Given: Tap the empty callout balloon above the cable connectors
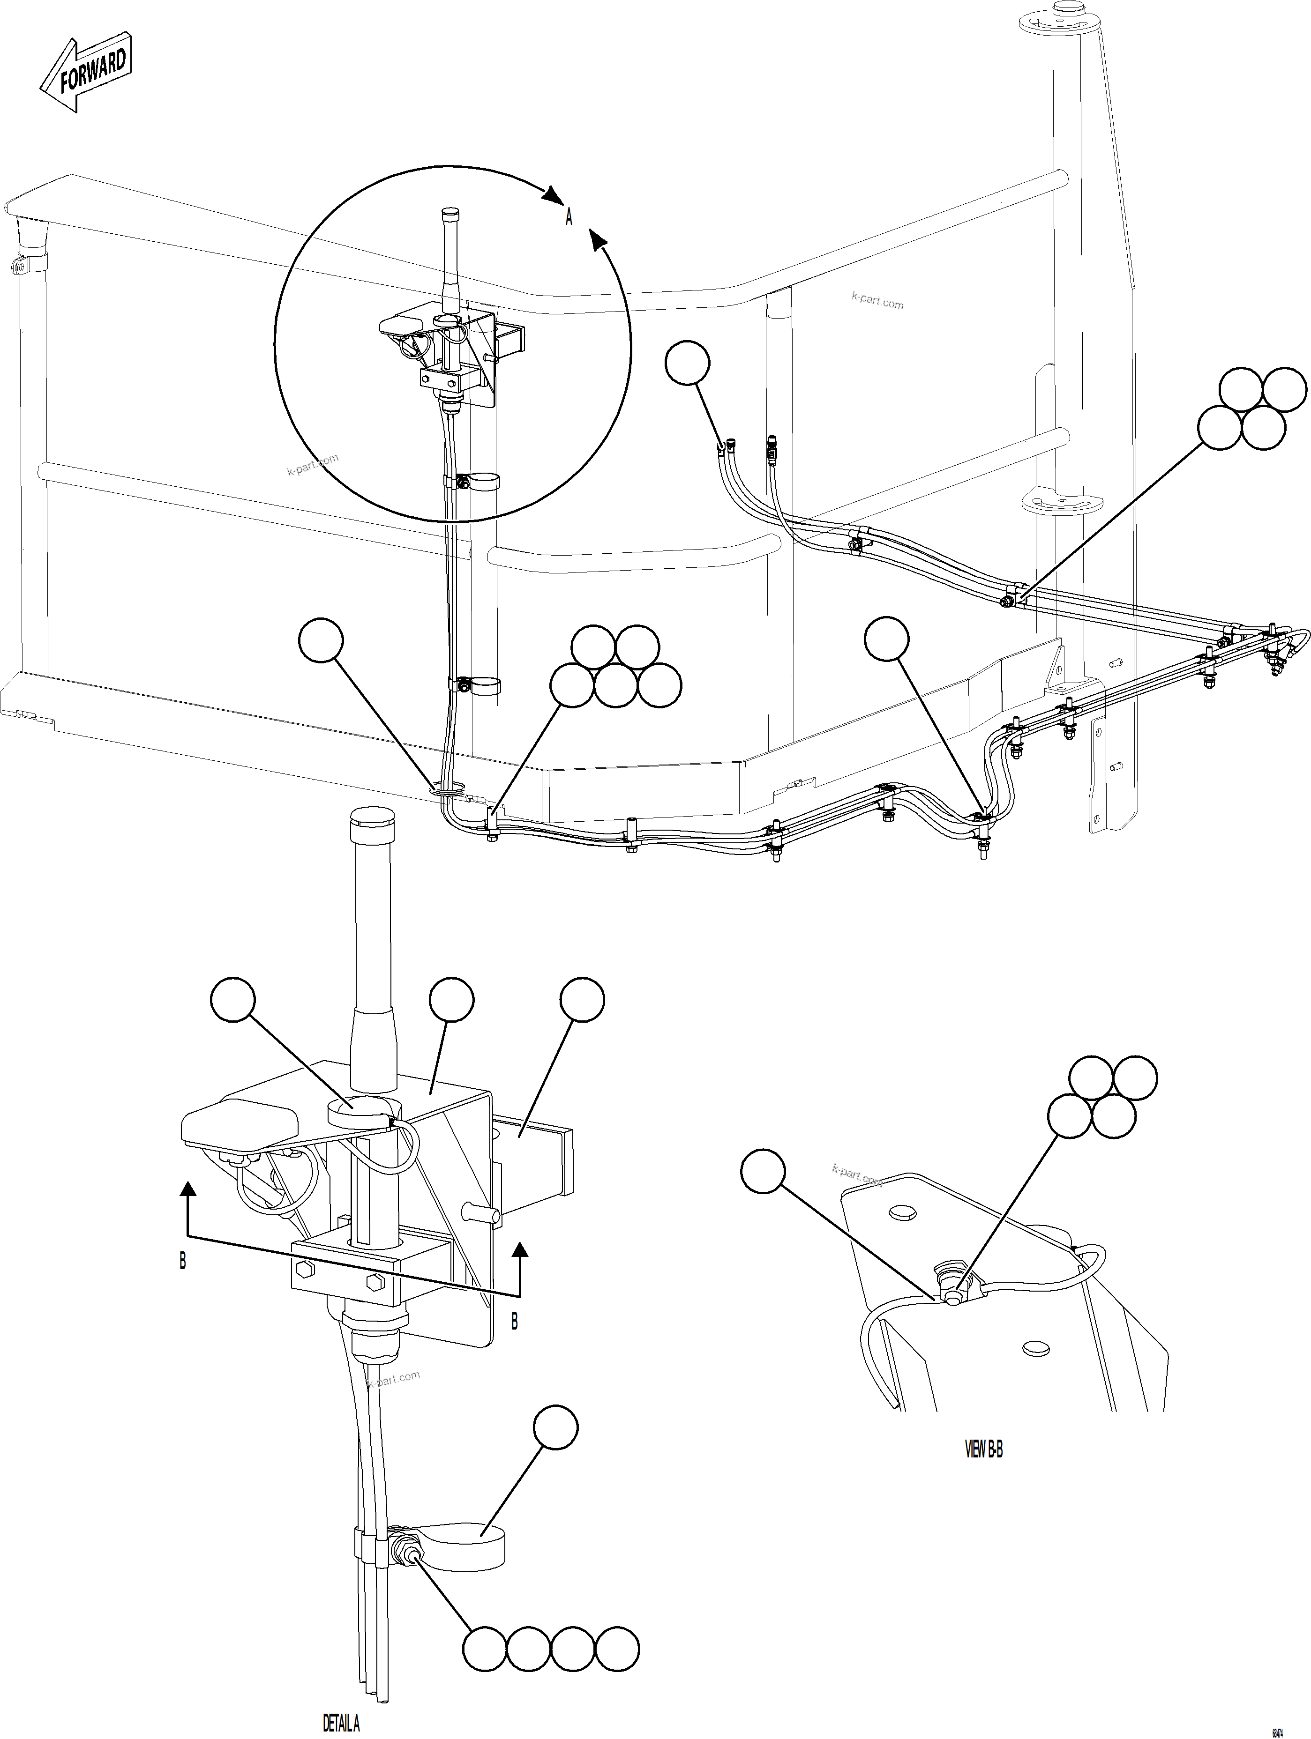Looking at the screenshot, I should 687,363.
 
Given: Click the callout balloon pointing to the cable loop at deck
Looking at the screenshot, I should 321,641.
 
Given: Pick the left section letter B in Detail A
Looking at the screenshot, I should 182,1260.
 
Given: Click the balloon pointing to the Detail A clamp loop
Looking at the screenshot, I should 555,1427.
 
